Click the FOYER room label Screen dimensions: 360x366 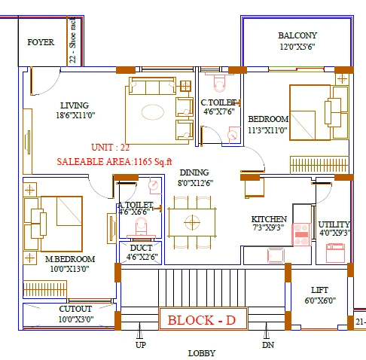coord(41,43)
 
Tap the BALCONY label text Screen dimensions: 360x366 coord(297,35)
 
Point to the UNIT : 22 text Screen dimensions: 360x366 coord(111,148)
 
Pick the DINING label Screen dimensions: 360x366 coord(194,172)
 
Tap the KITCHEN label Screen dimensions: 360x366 coord(269,219)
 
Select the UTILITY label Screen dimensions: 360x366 coord(334,224)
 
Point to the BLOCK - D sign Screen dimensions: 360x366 coord(201,320)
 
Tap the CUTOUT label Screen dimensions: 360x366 coord(75,309)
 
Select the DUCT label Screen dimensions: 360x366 coord(142,247)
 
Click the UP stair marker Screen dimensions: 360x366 coord(140,345)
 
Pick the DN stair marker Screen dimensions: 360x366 coord(268,345)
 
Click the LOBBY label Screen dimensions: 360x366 coord(202,352)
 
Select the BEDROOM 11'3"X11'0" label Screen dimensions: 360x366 coord(269,120)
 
